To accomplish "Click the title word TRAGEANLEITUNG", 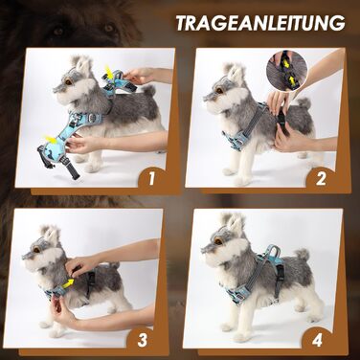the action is [x=260, y=23].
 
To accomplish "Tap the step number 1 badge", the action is [x=151, y=179].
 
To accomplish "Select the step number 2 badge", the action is [x=321, y=179].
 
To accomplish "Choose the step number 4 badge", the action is [x=317, y=340].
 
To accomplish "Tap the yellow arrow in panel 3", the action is [x=68, y=283].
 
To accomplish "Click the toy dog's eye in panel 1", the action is [x=68, y=82].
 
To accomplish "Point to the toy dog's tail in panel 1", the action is [x=148, y=91].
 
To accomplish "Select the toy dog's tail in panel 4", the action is [x=302, y=255].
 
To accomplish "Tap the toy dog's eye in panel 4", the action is [x=218, y=241].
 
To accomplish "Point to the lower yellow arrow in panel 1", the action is [x=51, y=140].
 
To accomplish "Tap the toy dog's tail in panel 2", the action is [x=304, y=103].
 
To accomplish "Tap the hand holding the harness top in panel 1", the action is [x=139, y=77].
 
